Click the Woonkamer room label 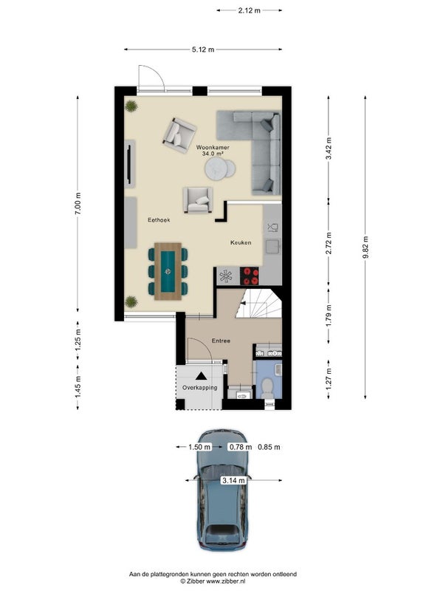tap(213, 148)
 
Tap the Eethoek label tap(159, 219)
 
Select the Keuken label tap(241, 242)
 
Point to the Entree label tap(221, 341)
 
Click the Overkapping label tap(199, 387)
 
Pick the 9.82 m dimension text tap(365, 247)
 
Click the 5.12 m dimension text tap(203, 49)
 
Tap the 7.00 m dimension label tap(78, 204)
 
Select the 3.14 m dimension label tap(233, 480)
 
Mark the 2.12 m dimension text tap(249, 10)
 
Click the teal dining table tap(168, 271)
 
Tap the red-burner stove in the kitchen tap(250, 276)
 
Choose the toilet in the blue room tap(267, 388)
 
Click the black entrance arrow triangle tap(201, 376)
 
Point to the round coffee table tap(216, 169)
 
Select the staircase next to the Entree tap(259, 304)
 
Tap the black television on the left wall tap(129, 163)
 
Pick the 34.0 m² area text tap(213, 154)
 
